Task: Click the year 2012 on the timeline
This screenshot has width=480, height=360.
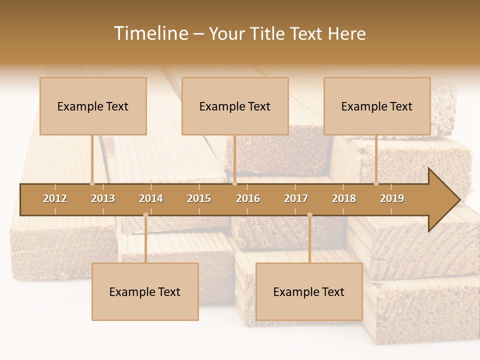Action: tap(55, 198)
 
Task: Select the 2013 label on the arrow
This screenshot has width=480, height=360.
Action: tap(103, 198)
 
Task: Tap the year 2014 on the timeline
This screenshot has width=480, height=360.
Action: tap(151, 198)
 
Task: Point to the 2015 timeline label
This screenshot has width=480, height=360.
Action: tap(199, 198)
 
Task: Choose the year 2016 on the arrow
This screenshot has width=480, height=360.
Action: tap(248, 198)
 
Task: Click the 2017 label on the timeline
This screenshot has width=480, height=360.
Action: tap(296, 198)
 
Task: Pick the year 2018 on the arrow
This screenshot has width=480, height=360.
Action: tap(344, 198)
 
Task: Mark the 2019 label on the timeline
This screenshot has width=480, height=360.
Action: tap(392, 198)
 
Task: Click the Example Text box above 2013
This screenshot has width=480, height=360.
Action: tap(93, 106)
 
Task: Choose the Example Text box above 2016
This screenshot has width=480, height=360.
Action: tap(235, 106)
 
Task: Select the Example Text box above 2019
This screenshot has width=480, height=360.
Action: tap(377, 106)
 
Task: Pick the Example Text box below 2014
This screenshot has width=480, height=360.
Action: tap(145, 291)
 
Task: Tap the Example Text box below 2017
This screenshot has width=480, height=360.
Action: tap(309, 291)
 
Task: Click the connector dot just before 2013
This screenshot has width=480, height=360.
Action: tap(92, 183)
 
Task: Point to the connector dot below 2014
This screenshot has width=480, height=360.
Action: tap(145, 215)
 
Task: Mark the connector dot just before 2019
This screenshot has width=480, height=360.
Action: tap(376, 183)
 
